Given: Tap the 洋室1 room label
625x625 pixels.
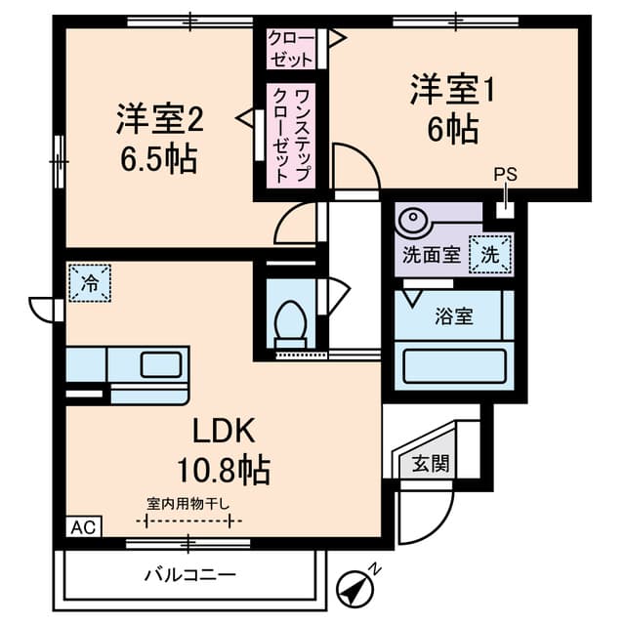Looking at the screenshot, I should pos(452,91).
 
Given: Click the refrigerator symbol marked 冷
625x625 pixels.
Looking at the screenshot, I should pos(90,285).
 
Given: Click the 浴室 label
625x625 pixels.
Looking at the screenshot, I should pos(453,316).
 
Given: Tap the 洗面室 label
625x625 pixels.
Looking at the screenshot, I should pos(430,257).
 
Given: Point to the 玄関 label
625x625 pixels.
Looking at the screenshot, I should pos(430,463).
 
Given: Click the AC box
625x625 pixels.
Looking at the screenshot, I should pos(83,527).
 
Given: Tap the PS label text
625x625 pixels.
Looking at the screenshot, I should pos(504,176).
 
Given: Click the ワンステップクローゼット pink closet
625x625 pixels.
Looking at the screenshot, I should pos(290,137).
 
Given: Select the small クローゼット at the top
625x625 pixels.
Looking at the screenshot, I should pos(292,49).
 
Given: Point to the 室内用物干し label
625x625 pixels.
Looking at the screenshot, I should pos(188,504).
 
